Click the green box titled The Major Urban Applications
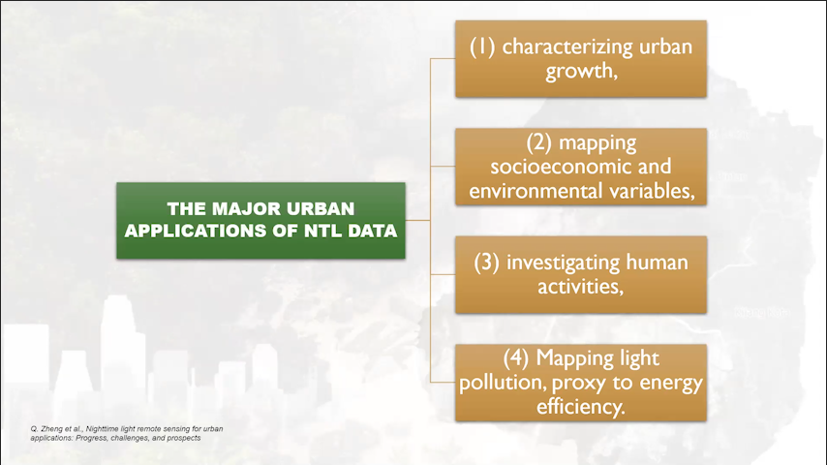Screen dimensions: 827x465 tap(260, 221)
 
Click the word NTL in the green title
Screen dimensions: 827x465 tap(322, 231)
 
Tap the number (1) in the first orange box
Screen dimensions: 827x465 tap(482, 46)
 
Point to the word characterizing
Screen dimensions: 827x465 tap(567, 46)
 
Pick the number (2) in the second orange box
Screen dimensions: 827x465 tap(539, 142)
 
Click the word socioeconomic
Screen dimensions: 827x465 tap(554, 167)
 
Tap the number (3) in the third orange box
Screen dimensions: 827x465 tap(486, 263)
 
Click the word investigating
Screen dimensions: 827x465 tap(563, 263)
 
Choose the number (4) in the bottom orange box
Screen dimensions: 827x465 tap(516, 358)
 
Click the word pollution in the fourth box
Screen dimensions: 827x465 tap(500, 384)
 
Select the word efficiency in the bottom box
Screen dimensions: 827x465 tap(577, 408)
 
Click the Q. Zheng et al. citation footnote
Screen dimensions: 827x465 tap(127, 433)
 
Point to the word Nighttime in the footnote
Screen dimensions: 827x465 tap(103, 429)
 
